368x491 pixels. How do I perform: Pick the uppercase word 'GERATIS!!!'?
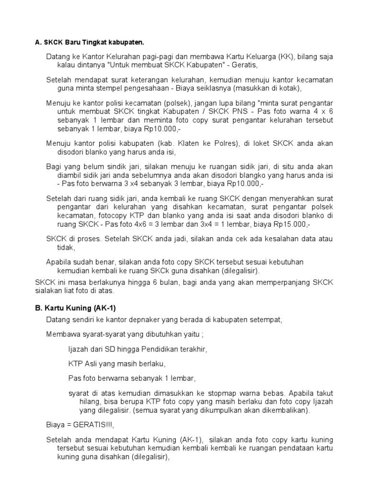(94, 424)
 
